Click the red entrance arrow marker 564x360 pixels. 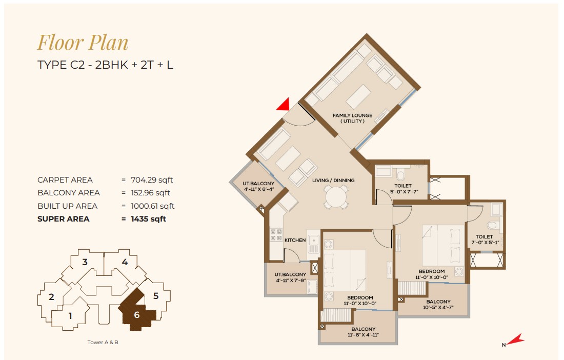tap(285, 105)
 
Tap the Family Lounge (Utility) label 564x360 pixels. tap(353, 118)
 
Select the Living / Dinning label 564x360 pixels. tap(333, 180)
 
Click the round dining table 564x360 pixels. tap(336, 197)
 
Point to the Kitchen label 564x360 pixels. tap(295, 240)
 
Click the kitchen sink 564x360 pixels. tap(313, 243)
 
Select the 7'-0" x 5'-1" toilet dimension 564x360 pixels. tap(485, 243)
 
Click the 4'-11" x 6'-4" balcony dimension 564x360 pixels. tap(258, 189)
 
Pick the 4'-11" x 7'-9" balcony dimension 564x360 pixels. tap(290, 280)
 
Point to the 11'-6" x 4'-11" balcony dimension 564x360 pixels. tap(364, 335)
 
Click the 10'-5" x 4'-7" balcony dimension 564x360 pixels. tap(438, 308)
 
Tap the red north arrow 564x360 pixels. tap(516, 339)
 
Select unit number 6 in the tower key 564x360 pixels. tap(137, 315)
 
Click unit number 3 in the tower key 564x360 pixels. tap(85, 262)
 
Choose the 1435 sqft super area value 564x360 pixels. tap(149, 218)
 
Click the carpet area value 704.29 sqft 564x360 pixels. tap(152, 180)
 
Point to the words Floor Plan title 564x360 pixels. tap(83, 43)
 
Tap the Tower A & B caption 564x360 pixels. tap(103, 343)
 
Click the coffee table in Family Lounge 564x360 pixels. tap(358, 96)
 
